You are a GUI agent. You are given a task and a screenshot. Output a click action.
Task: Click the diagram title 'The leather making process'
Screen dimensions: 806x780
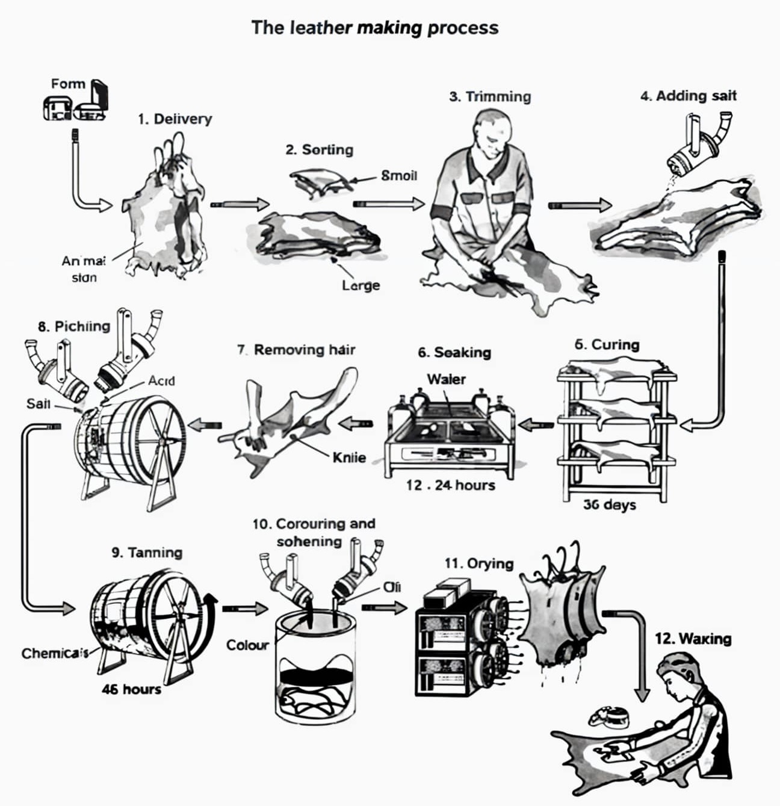click(374, 28)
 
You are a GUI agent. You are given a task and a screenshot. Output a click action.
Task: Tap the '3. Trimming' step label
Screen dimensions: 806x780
click(490, 97)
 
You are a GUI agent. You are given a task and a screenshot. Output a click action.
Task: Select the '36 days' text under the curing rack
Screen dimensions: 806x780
click(609, 504)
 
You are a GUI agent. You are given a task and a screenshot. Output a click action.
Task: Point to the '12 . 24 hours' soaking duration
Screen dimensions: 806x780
click(450, 485)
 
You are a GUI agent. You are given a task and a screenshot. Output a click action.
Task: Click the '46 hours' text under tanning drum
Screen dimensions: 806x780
click(131, 689)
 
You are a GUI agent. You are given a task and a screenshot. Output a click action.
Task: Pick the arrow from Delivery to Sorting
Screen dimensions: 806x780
click(240, 205)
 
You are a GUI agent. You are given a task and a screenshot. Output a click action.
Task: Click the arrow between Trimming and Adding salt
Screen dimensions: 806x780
click(579, 206)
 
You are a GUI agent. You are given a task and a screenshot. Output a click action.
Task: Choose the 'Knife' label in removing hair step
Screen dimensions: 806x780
click(349, 457)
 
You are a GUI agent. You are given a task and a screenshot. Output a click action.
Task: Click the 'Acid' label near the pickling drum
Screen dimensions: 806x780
click(161, 381)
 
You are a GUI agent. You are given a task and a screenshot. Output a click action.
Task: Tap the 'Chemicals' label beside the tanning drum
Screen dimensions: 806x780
click(54, 653)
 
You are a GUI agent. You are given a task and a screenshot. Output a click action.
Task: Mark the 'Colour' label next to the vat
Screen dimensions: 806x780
click(247, 645)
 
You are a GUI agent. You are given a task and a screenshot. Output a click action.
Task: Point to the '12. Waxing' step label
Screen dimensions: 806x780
click(693, 639)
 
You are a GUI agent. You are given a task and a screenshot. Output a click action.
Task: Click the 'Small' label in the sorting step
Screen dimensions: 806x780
click(398, 176)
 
